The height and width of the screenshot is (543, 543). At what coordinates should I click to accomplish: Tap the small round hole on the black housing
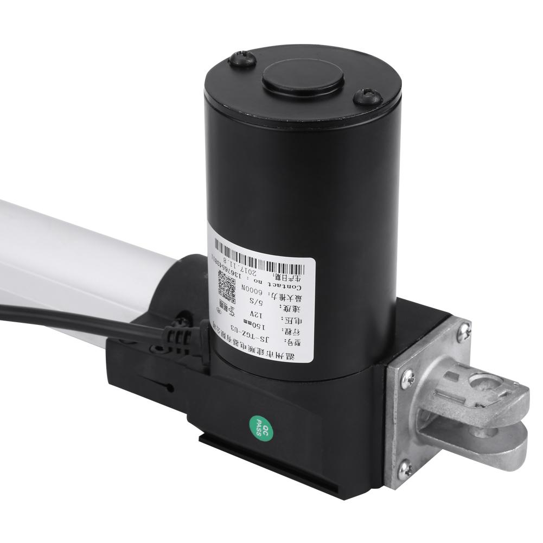pos(170,387)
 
